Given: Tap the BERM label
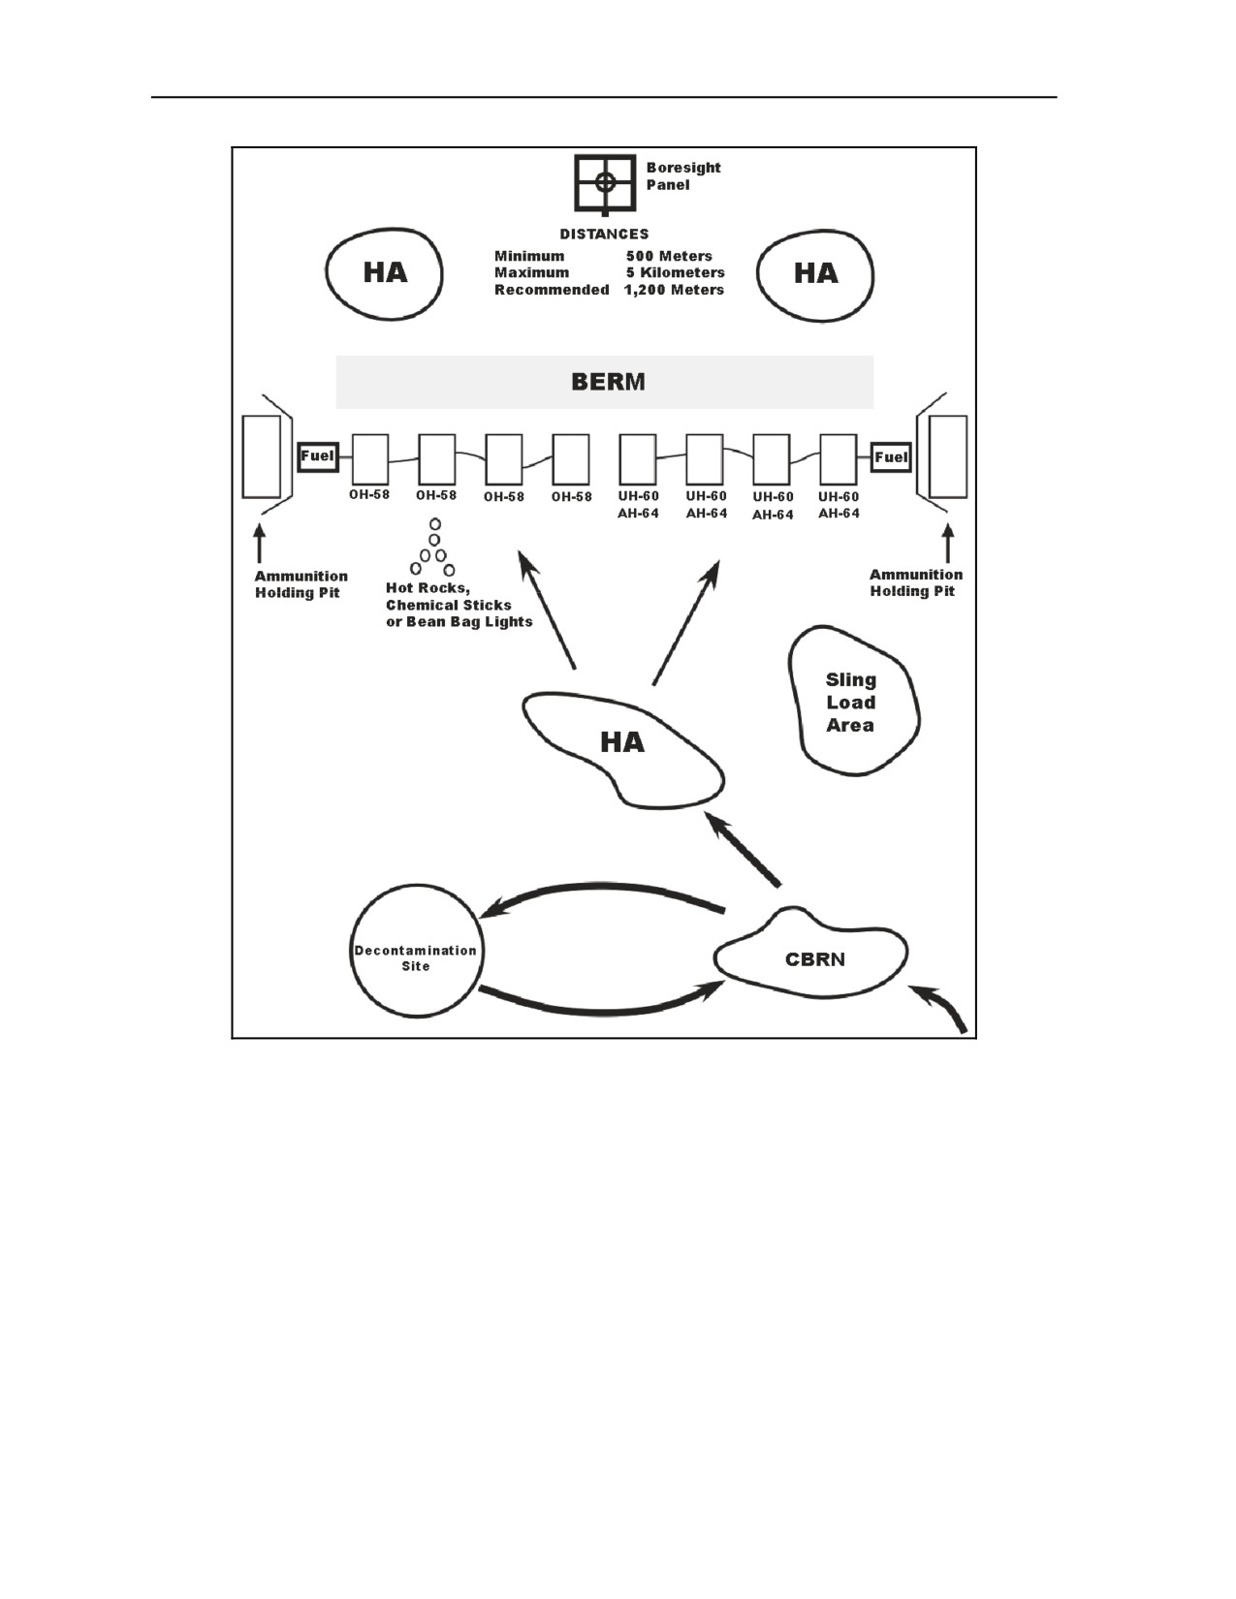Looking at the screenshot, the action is click(608, 382).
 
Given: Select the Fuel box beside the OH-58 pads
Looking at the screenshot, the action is click(317, 456).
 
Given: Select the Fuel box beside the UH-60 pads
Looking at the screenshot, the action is click(891, 457).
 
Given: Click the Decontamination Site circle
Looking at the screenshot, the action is click(417, 885).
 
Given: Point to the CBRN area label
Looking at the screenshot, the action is click(815, 959).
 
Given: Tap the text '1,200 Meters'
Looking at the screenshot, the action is click(675, 290).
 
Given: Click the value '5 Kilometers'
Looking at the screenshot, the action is click(675, 272).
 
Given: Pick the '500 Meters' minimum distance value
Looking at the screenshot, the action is click(669, 256).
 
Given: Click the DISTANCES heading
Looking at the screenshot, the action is click(604, 234).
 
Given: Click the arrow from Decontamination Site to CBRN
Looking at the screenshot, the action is click(600, 1013).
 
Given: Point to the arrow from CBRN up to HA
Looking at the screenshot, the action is click(742, 848).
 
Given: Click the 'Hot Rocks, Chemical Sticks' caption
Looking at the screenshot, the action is click(448, 597).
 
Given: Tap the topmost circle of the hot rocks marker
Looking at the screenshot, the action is click(435, 524).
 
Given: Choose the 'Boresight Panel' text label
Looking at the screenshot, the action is click(683, 176).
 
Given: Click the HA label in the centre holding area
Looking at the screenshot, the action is click(622, 741).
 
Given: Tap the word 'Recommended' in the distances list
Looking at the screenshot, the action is click(552, 290).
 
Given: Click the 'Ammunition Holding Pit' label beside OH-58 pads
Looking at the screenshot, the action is click(301, 584).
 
